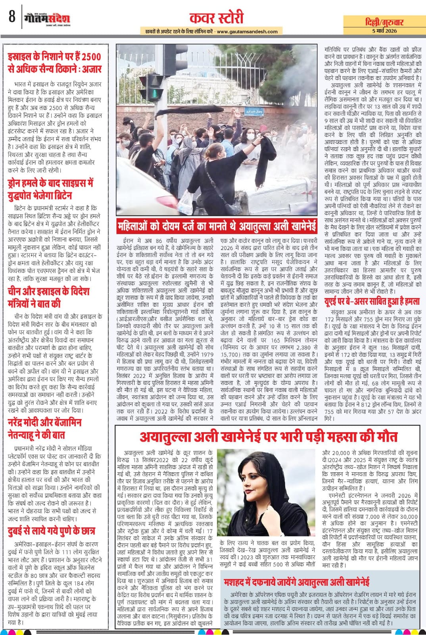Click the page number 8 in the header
point(12,17)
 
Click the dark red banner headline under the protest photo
point(217,227)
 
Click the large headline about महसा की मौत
point(268,437)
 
